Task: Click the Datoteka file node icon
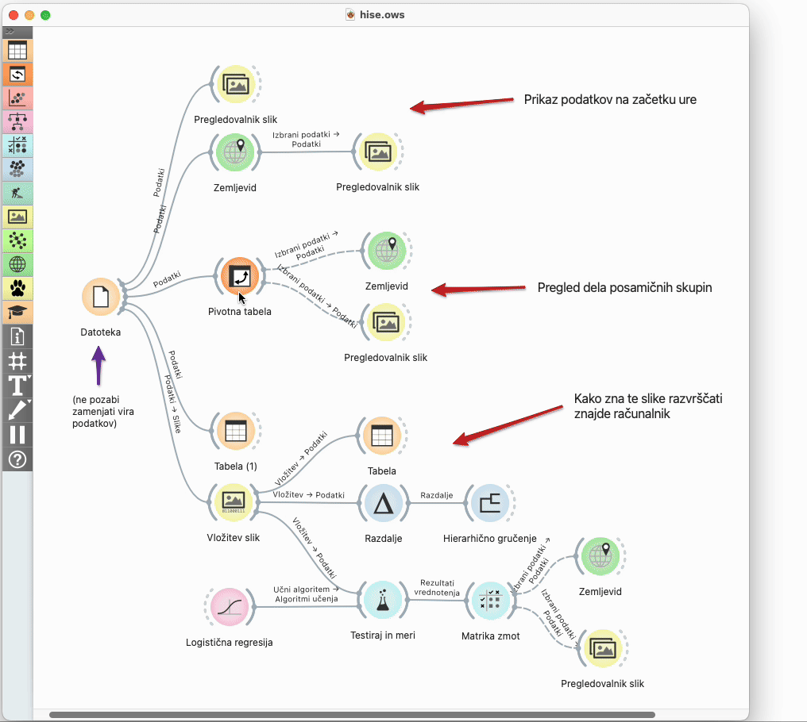[101, 297]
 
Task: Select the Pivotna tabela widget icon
[238, 275]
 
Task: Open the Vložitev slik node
[234, 500]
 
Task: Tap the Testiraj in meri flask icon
[382, 601]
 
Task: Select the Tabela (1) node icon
[235, 431]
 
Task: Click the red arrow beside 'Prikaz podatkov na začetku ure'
[461, 104]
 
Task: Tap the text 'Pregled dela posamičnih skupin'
[624, 288]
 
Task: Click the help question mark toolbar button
[17, 459]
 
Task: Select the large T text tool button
[17, 386]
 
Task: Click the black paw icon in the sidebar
[17, 288]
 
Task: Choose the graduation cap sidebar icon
[17, 312]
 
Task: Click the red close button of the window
[13, 15]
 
